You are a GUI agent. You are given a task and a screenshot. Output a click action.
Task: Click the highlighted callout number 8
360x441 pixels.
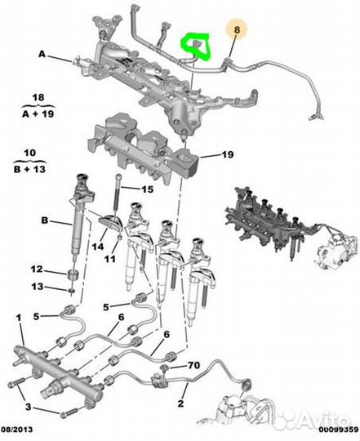(x=237, y=29)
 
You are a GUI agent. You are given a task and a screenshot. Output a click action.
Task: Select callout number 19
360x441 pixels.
(x=228, y=154)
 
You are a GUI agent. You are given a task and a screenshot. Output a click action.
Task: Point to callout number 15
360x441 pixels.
(x=148, y=189)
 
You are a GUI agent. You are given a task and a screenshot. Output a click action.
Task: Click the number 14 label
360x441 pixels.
(x=98, y=247)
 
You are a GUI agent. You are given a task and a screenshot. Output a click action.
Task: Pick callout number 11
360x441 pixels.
(x=110, y=258)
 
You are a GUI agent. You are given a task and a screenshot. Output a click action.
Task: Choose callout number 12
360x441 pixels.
(x=37, y=269)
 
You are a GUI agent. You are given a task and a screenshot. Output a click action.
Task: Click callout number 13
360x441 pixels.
(x=38, y=287)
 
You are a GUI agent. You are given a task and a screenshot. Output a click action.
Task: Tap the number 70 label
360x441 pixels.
(x=193, y=365)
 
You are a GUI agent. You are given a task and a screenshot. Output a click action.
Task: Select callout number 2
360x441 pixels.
(x=180, y=403)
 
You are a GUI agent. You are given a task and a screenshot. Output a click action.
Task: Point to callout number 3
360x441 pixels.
(x=28, y=407)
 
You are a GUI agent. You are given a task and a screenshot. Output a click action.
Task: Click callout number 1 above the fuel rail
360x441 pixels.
(x=19, y=318)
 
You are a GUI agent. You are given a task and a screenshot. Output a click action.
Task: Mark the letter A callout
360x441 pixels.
(x=42, y=54)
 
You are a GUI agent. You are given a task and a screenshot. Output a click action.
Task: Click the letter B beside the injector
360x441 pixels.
(x=45, y=220)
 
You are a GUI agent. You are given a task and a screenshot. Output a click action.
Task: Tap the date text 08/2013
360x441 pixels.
(x=17, y=430)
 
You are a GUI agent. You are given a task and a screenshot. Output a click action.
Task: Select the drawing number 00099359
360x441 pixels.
(x=338, y=430)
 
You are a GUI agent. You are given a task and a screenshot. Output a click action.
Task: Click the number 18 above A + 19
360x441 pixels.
(x=38, y=98)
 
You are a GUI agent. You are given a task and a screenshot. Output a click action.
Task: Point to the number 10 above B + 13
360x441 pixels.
(x=30, y=153)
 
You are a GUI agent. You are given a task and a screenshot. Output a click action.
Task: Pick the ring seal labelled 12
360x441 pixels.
(x=73, y=274)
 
